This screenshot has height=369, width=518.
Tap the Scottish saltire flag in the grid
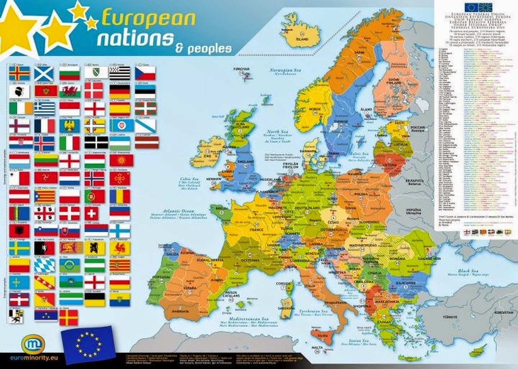tap(44, 73)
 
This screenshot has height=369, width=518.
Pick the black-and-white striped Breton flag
tap(119, 73)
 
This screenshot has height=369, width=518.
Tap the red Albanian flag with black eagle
tap(19, 230)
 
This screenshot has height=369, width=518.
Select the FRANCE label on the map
tap(256, 229)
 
